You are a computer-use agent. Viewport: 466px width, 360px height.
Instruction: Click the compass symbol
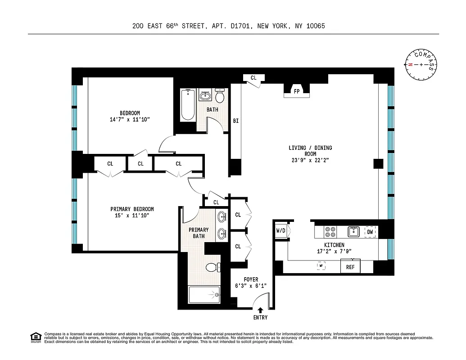(421, 64)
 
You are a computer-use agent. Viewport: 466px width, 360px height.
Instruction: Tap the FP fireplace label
(297, 91)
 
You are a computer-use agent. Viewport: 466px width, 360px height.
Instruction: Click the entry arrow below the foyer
(260, 310)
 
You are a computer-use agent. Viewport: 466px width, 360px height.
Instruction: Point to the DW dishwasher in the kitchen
(370, 232)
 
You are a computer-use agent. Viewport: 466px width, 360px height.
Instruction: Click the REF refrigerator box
(350, 267)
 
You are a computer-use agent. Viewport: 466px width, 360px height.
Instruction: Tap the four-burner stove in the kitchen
(330, 232)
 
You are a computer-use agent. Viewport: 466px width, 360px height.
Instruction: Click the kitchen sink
(353, 232)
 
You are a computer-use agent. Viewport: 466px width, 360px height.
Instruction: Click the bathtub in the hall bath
(188, 105)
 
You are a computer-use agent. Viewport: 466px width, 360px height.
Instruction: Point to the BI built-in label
(235, 121)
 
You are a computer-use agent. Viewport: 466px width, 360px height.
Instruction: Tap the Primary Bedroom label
(132, 209)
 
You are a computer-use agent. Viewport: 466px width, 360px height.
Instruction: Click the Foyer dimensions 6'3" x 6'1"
(251, 286)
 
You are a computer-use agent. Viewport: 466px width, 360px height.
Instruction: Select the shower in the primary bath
(204, 295)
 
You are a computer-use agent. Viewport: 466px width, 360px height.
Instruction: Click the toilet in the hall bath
(220, 96)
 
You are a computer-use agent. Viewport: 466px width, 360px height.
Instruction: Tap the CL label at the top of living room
(253, 78)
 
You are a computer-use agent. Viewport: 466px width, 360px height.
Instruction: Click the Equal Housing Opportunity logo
(36, 337)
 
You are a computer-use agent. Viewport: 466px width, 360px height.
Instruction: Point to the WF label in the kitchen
(321, 266)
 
